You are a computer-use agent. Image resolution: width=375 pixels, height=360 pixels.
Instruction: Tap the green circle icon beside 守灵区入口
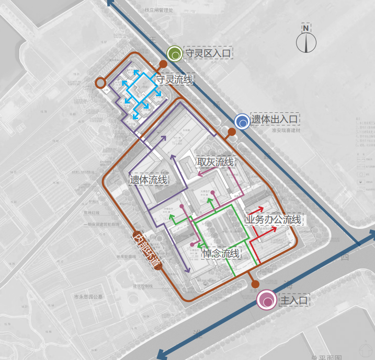pyautogui.click(x=174, y=53)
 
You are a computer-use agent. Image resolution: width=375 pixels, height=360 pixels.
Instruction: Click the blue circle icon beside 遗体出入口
pyautogui.click(x=242, y=122)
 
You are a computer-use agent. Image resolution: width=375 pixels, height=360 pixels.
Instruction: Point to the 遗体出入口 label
pyautogui.click(x=275, y=120)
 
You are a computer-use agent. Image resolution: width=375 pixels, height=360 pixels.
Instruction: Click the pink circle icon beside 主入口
pyautogui.click(x=267, y=300)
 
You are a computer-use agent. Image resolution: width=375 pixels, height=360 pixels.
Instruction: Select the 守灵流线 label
pyautogui.click(x=174, y=79)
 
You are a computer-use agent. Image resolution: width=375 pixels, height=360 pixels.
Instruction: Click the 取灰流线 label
pyautogui.click(x=215, y=162)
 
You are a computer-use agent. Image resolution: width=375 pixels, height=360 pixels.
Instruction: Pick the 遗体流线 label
pyautogui.click(x=149, y=180)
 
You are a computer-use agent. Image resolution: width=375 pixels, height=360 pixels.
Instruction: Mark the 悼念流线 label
pyautogui.click(x=221, y=254)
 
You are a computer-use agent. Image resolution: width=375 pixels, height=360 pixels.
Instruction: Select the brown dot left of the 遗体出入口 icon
pyautogui.click(x=231, y=132)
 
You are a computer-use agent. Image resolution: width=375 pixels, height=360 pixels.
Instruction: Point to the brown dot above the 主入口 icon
pyautogui.click(x=255, y=285)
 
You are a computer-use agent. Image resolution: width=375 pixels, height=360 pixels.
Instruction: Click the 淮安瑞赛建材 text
pyautogui.click(x=288, y=132)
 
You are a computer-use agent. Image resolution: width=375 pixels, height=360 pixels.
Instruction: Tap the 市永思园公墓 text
pyautogui.click(x=88, y=296)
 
